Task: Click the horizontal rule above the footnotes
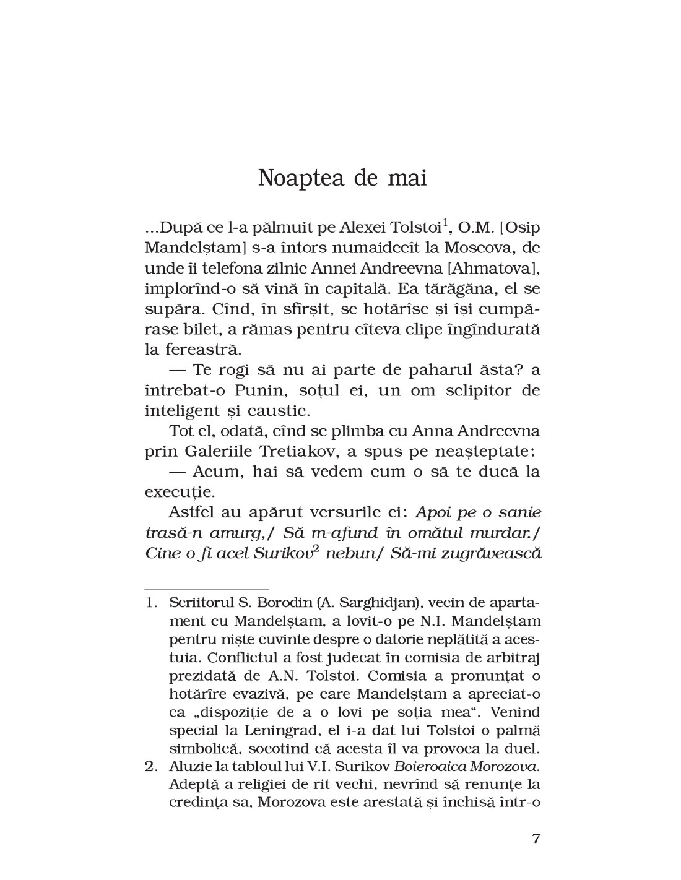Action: [x=206, y=589]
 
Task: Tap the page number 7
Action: [x=536, y=840]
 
